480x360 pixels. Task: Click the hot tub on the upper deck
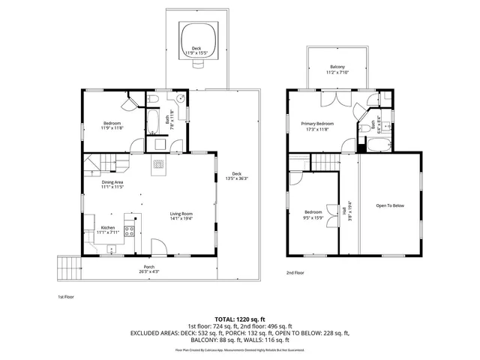click(198, 35)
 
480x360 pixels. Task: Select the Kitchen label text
click(107, 227)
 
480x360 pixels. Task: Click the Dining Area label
click(112, 184)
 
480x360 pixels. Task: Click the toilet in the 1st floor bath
click(152, 99)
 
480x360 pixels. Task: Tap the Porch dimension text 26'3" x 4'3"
click(149, 270)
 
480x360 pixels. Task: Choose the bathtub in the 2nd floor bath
click(375, 145)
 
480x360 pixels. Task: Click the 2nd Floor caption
click(295, 273)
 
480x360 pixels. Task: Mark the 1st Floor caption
click(67, 296)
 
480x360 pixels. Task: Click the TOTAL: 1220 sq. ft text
click(240, 319)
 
